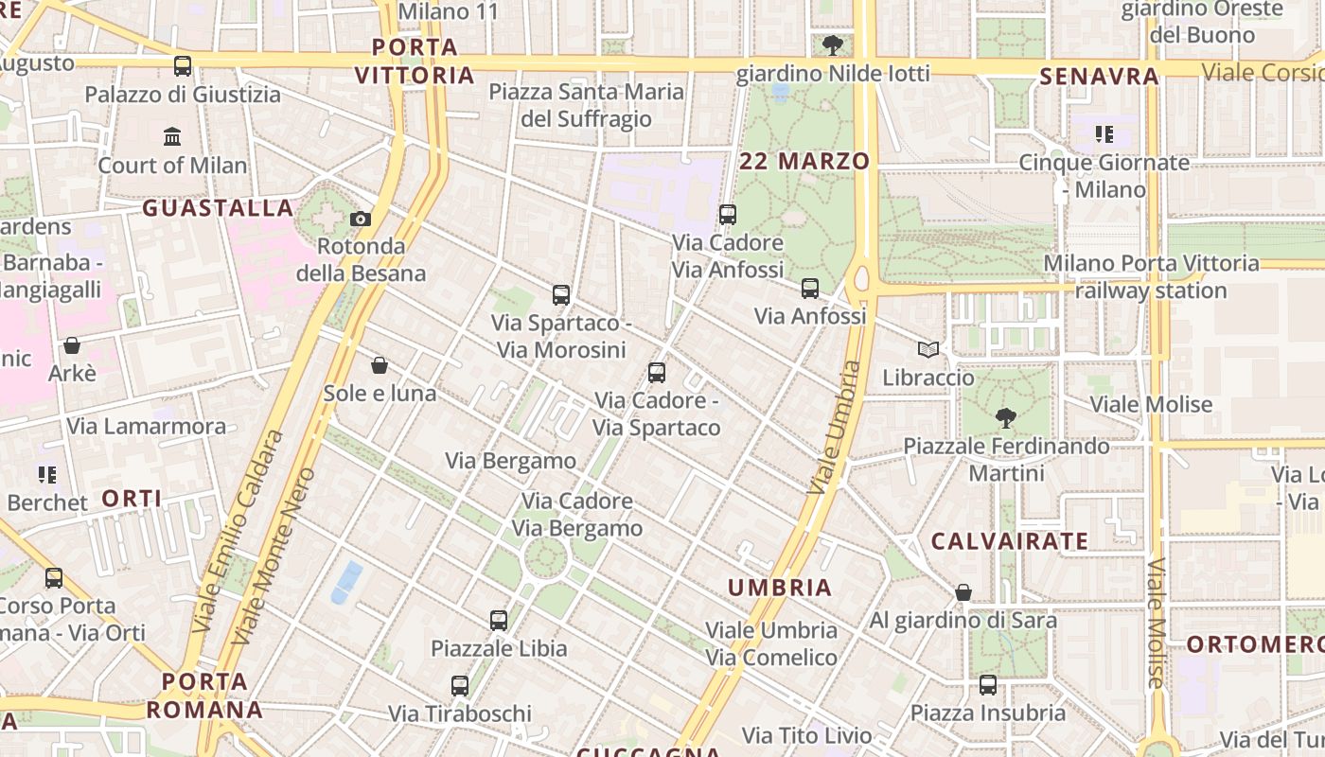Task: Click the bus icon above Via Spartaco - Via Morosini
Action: point(561,294)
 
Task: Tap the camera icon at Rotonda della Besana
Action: point(360,220)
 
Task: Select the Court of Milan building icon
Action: point(172,137)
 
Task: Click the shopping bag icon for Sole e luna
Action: point(380,365)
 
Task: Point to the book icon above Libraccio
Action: point(927,350)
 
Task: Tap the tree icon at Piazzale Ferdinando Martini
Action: point(1005,417)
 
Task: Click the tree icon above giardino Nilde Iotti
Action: point(833,44)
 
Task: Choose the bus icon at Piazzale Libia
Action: point(499,621)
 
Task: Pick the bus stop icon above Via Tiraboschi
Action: point(460,686)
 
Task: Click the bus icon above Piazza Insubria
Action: point(988,685)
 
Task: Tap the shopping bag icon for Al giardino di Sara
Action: point(963,593)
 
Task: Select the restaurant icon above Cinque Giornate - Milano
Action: point(1104,134)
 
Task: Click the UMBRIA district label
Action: point(780,588)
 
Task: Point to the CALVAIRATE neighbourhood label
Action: point(1010,541)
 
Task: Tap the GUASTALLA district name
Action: point(218,208)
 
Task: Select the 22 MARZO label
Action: point(804,161)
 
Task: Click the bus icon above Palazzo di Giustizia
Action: point(183,66)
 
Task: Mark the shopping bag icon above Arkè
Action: point(72,345)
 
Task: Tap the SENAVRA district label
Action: point(1099,77)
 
